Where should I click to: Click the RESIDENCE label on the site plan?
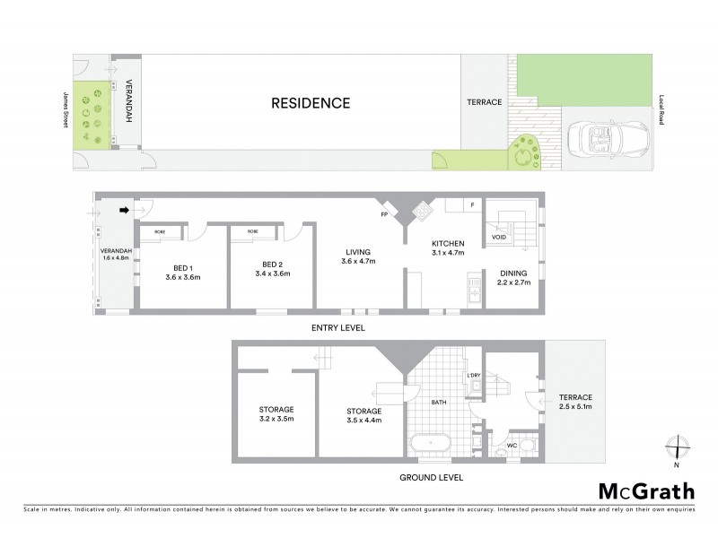[x=311, y=103]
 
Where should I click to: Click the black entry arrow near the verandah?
[x=126, y=211]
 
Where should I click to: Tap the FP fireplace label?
[x=384, y=216]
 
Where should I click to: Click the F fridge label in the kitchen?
[x=472, y=204]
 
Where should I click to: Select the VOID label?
[x=498, y=237]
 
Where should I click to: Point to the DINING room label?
[x=513, y=273]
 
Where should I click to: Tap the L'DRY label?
[x=475, y=374]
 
